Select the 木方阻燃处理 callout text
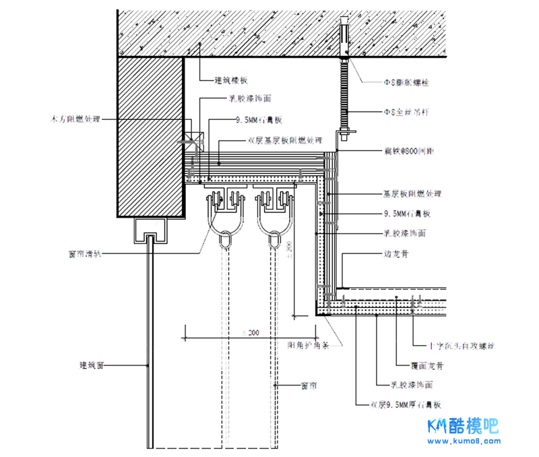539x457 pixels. [x=75, y=119]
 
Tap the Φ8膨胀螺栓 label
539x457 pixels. [x=406, y=83]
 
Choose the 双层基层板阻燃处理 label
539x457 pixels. [x=285, y=142]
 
